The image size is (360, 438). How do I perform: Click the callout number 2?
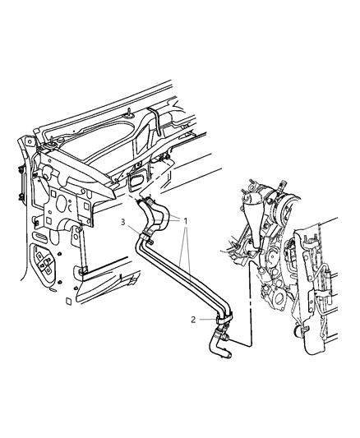194,320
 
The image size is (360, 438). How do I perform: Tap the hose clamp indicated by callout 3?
149,239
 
